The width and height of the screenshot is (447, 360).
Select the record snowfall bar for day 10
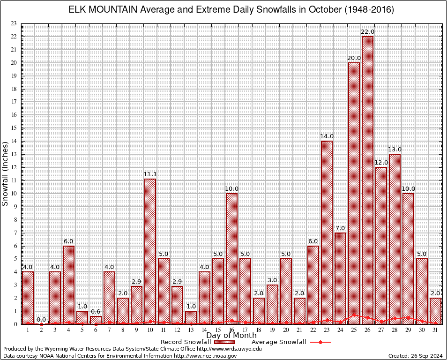150,251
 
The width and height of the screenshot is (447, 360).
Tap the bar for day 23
327,232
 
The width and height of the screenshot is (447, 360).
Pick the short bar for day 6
96,320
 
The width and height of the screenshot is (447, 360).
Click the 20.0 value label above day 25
354,58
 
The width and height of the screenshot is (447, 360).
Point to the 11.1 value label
150,174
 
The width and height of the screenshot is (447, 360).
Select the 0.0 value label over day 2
41,320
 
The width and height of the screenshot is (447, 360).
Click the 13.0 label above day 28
395,150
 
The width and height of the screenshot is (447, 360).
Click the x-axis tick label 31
435,330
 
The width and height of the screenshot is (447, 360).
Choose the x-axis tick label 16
231,330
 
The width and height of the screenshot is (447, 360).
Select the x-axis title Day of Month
231,335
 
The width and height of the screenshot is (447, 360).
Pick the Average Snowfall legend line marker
320,342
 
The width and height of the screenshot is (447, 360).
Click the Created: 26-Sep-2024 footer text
415,356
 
